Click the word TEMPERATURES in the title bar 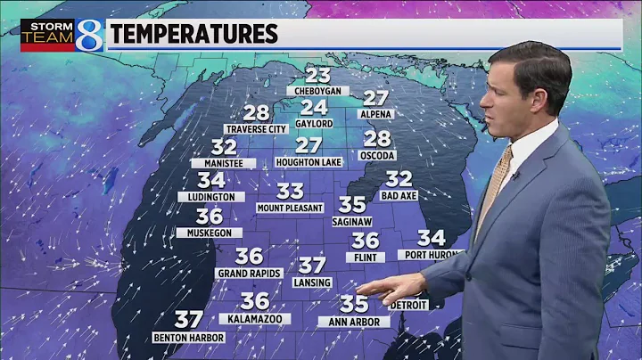(x=194, y=35)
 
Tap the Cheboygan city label (x=317, y=91)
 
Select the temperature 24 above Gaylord (x=313, y=107)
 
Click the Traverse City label (x=256, y=129)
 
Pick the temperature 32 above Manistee (x=224, y=147)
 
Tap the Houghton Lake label (x=309, y=161)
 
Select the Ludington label (x=211, y=196)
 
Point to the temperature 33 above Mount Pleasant (x=290, y=191)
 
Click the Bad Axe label (x=399, y=194)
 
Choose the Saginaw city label (x=352, y=219)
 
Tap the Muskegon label (x=209, y=233)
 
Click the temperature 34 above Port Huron (x=432, y=238)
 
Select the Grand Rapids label (x=249, y=273)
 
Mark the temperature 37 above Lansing (x=312, y=266)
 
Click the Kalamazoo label (x=255, y=317)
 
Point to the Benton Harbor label (x=187, y=338)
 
